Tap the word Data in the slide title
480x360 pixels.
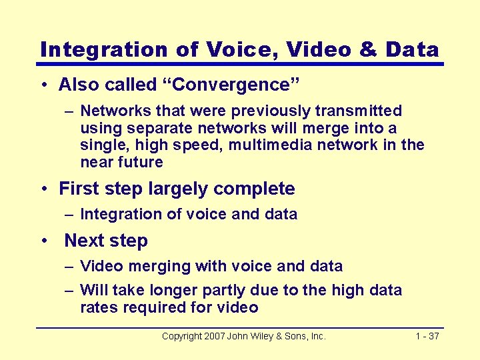(x=413, y=49)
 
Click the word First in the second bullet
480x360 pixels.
(x=78, y=189)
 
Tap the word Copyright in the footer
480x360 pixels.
(x=183, y=336)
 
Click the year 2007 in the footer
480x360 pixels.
(x=215, y=336)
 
